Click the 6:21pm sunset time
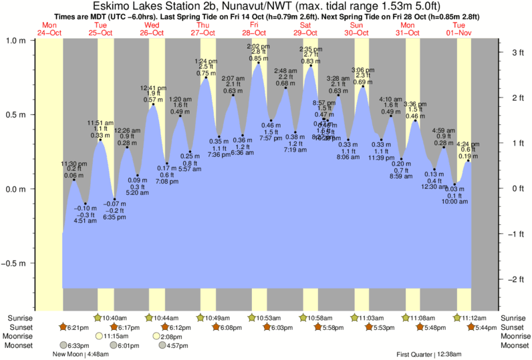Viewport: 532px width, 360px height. (78, 328)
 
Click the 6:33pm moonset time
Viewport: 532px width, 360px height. (78, 346)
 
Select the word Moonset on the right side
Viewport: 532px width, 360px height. (513, 346)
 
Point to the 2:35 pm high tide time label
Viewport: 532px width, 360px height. (309, 49)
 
